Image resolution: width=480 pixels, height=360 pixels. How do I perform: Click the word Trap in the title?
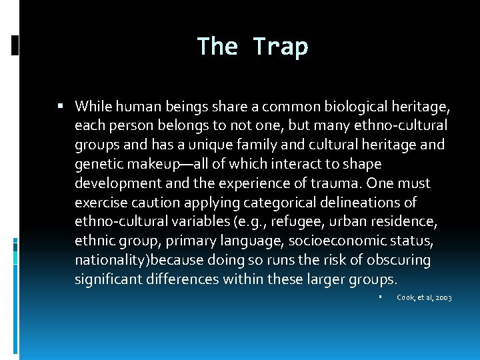281,47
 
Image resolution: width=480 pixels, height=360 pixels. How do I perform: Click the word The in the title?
217,47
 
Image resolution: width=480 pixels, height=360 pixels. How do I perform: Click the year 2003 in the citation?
443,297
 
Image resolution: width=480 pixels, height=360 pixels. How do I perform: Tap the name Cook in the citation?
405,297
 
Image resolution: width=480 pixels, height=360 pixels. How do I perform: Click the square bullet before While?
61,106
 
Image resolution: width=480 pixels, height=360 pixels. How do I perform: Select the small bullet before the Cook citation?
379,297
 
